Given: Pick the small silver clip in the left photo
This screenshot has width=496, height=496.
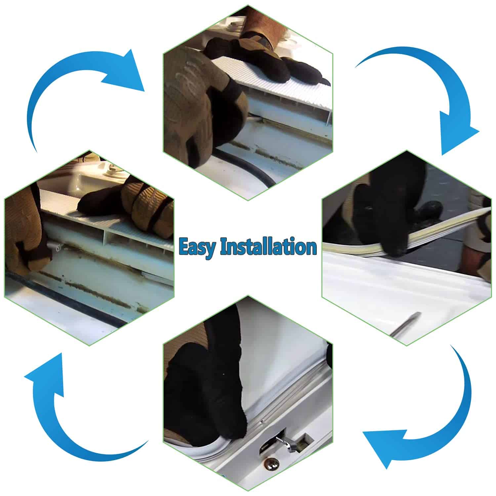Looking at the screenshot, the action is (55, 246).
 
